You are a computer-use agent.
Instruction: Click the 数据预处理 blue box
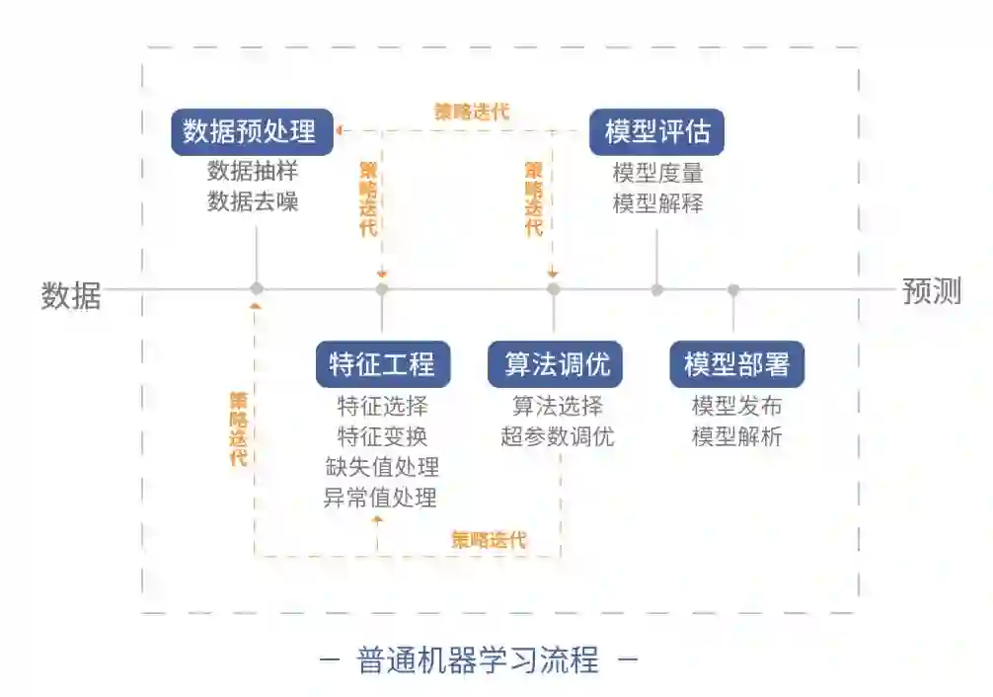tap(250, 131)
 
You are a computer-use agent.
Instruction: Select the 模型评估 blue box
tap(656, 131)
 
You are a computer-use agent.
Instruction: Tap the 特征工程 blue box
tap(382, 364)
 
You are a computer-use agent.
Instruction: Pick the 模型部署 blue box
tap(736, 364)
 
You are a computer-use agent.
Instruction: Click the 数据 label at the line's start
tap(71, 294)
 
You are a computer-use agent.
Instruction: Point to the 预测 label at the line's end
tap(931, 291)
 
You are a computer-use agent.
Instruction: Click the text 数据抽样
tap(253, 171)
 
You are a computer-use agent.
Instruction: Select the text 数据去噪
tap(253, 202)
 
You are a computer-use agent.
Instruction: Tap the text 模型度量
tap(657, 173)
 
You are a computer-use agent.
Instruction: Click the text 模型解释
tap(657, 204)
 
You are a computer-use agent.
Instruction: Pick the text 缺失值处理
tap(382, 467)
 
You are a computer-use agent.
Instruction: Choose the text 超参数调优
tap(558, 436)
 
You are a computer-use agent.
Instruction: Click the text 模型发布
tap(736, 406)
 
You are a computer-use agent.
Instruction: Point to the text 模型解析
tap(736, 436)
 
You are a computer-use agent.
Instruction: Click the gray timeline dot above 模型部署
tap(733, 289)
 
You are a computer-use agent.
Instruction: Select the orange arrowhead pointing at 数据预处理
tap(339, 130)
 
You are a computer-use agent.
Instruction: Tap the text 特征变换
tap(382, 436)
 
